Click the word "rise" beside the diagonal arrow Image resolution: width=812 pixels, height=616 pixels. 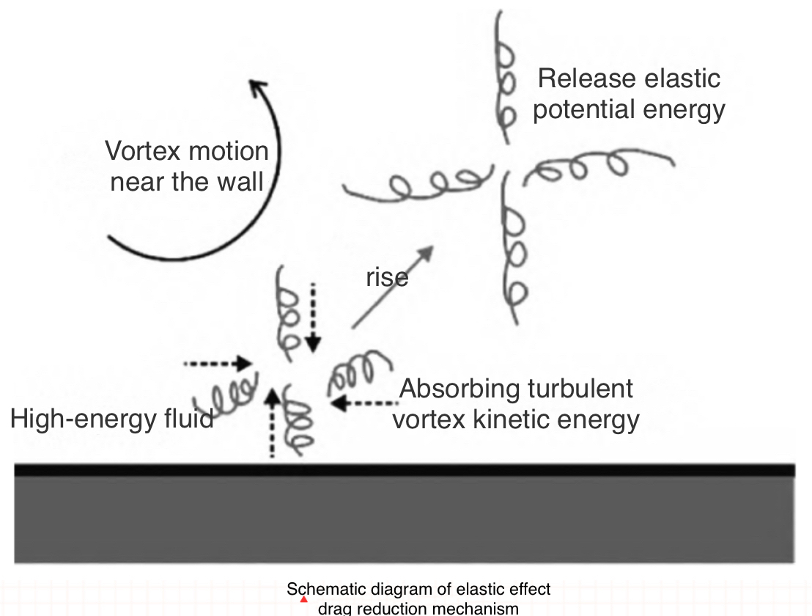(387, 278)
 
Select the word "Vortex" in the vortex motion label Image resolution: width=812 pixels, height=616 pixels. (143, 152)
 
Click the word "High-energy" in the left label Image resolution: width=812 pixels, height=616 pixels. (81, 419)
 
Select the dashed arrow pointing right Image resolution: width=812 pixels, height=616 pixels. (217, 362)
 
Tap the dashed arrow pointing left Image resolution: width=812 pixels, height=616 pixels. (363, 402)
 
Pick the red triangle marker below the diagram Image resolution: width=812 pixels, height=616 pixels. (303, 599)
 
